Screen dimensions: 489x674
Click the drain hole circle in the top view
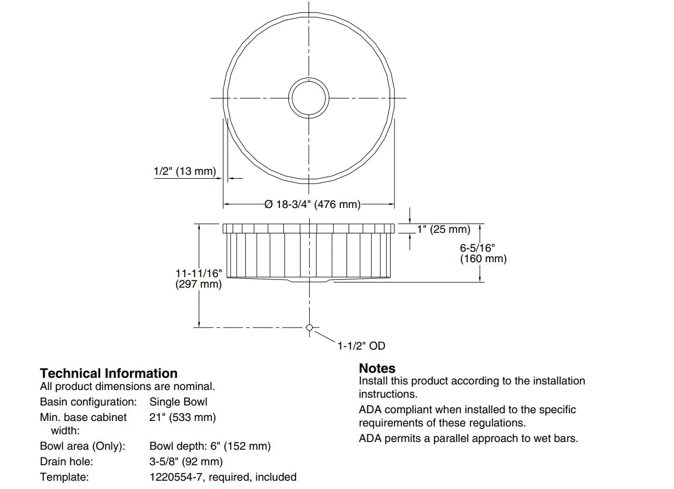(x=309, y=98)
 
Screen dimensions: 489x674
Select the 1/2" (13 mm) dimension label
(x=185, y=171)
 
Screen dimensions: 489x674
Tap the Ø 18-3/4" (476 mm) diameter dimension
(x=312, y=205)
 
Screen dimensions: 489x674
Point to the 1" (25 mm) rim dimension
(x=444, y=229)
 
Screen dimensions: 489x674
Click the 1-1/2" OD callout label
(x=361, y=346)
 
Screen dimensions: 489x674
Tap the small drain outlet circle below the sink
(x=309, y=327)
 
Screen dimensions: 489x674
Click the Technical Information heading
(x=108, y=373)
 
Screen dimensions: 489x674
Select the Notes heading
(x=377, y=368)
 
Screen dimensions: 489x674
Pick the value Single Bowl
(x=178, y=402)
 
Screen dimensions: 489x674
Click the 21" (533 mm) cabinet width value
(x=183, y=417)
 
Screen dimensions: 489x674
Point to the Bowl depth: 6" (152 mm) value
(x=210, y=446)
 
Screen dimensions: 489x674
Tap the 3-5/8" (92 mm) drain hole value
(x=186, y=461)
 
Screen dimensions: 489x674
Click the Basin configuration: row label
(x=88, y=402)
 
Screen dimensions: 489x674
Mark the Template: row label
(x=64, y=477)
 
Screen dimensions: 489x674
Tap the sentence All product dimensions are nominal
(x=127, y=387)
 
